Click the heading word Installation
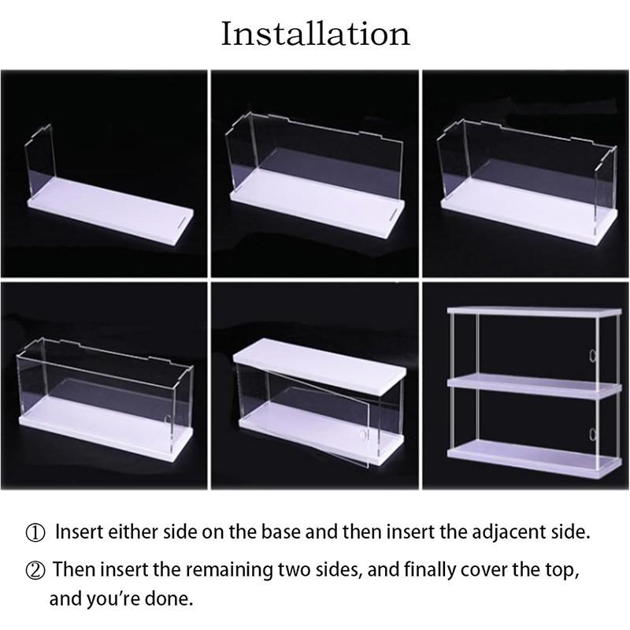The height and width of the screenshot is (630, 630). tap(315, 34)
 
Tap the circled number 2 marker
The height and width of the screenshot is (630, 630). tap(36, 569)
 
